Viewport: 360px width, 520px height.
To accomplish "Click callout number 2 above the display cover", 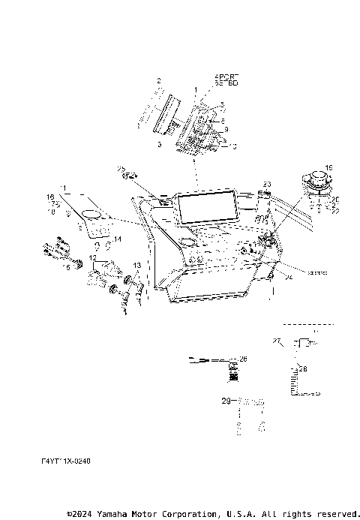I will point(159,80).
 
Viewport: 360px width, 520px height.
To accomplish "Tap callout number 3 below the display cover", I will point(160,143).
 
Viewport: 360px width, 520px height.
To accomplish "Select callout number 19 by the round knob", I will point(328,169).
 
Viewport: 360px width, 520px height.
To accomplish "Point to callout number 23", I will point(266,184).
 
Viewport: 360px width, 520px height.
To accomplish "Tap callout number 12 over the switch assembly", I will point(92,258).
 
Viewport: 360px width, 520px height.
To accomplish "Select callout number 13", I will point(137,266).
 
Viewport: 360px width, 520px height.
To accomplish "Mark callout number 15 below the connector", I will point(66,266).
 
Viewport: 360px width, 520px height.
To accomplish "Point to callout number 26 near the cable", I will point(242,359).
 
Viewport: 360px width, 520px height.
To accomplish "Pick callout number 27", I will point(276,341).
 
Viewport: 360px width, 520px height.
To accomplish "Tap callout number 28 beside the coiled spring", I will point(303,368).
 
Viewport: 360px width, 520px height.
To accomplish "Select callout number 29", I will point(226,403).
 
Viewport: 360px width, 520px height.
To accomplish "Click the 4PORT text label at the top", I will point(224,77).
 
